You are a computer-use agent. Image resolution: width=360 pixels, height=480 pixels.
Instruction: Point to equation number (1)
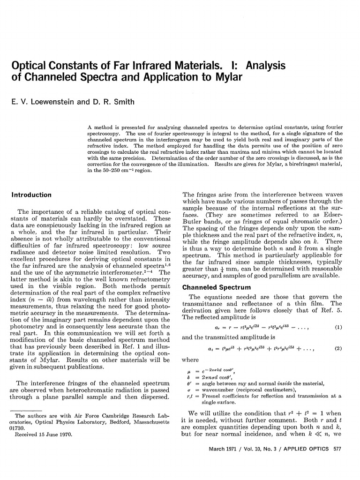click(x=337, y=328)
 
